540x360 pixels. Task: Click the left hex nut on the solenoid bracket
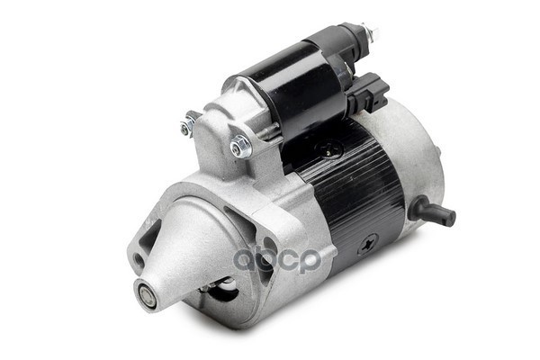187,126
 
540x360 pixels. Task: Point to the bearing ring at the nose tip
147,293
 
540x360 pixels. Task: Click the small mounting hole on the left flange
137,261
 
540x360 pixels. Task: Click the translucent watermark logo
278,259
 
